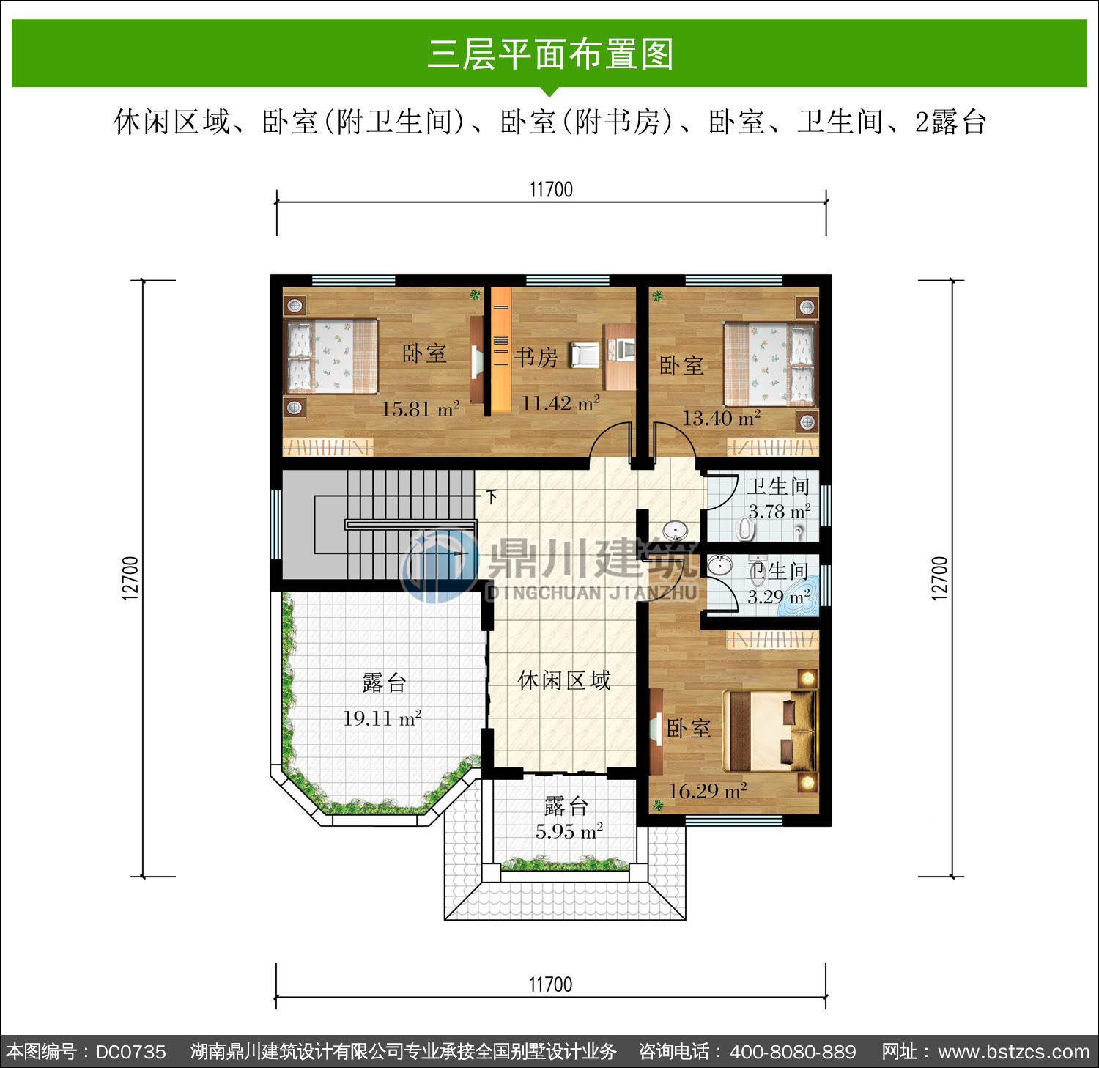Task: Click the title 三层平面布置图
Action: (550, 54)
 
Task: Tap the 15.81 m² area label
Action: (420, 408)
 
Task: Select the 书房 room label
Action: (536, 357)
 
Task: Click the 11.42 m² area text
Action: (560, 402)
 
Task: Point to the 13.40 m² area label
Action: (721, 418)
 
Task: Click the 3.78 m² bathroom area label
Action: (779, 511)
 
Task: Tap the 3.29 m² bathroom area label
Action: (778, 597)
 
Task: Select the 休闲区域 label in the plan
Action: (564, 680)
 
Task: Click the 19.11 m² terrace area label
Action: (382, 718)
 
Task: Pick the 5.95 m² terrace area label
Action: (569, 831)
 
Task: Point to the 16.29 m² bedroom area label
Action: (708, 791)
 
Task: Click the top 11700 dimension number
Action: (551, 190)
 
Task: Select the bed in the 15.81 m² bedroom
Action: (332, 356)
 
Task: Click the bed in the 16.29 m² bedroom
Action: (769, 730)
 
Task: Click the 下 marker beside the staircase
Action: (492, 496)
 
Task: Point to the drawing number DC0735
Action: (131, 1052)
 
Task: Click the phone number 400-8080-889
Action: (793, 1052)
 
